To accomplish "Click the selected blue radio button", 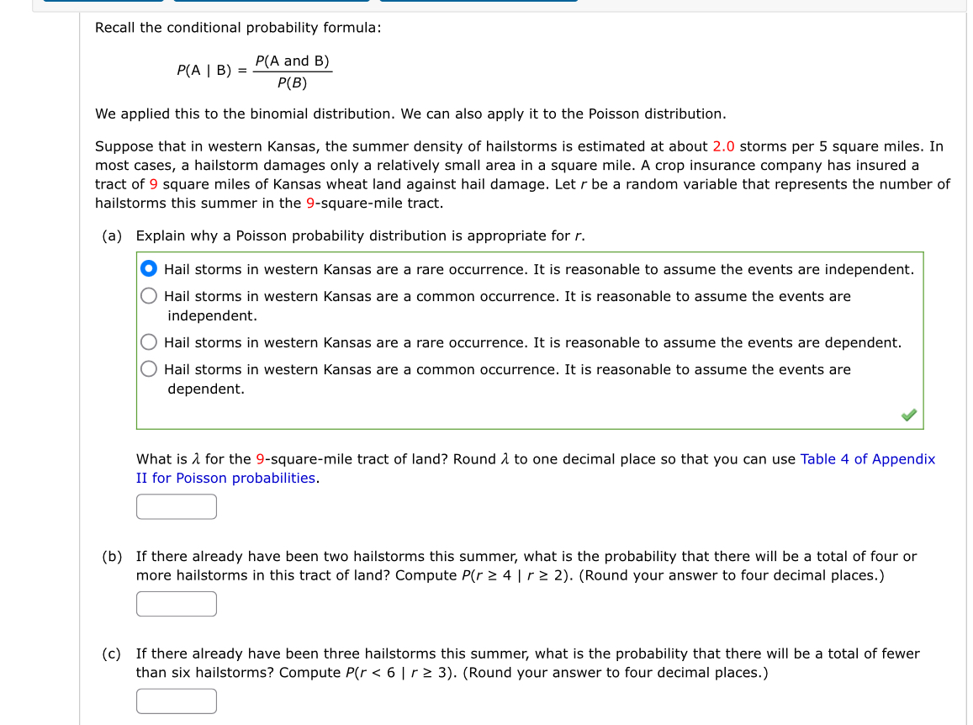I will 149,269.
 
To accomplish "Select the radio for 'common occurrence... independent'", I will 149,296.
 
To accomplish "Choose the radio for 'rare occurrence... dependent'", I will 149,342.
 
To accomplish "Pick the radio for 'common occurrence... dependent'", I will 149,369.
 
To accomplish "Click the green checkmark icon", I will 908,415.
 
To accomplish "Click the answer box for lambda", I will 177,506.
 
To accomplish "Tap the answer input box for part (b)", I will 177,604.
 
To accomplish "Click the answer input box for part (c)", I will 177,701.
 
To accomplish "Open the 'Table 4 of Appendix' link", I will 867,459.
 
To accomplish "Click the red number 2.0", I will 723,146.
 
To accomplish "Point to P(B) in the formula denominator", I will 292,83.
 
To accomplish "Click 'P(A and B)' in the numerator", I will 292,61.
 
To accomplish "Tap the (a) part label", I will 112,235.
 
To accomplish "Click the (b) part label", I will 112,556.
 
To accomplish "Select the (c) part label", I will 112,654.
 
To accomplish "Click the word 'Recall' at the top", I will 115,28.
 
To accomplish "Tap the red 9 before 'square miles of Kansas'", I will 154,184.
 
